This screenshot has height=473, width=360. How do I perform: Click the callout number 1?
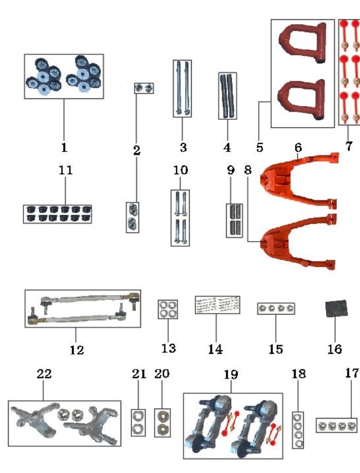[64, 147]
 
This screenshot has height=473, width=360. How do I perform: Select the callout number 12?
[77, 350]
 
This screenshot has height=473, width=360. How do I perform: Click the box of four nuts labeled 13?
[168, 309]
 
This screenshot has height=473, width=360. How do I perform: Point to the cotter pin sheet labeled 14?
[218, 305]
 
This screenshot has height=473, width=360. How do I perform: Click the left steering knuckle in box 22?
[35, 421]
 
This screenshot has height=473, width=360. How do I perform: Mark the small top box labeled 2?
[143, 88]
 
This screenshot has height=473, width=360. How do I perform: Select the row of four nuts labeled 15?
[276, 308]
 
